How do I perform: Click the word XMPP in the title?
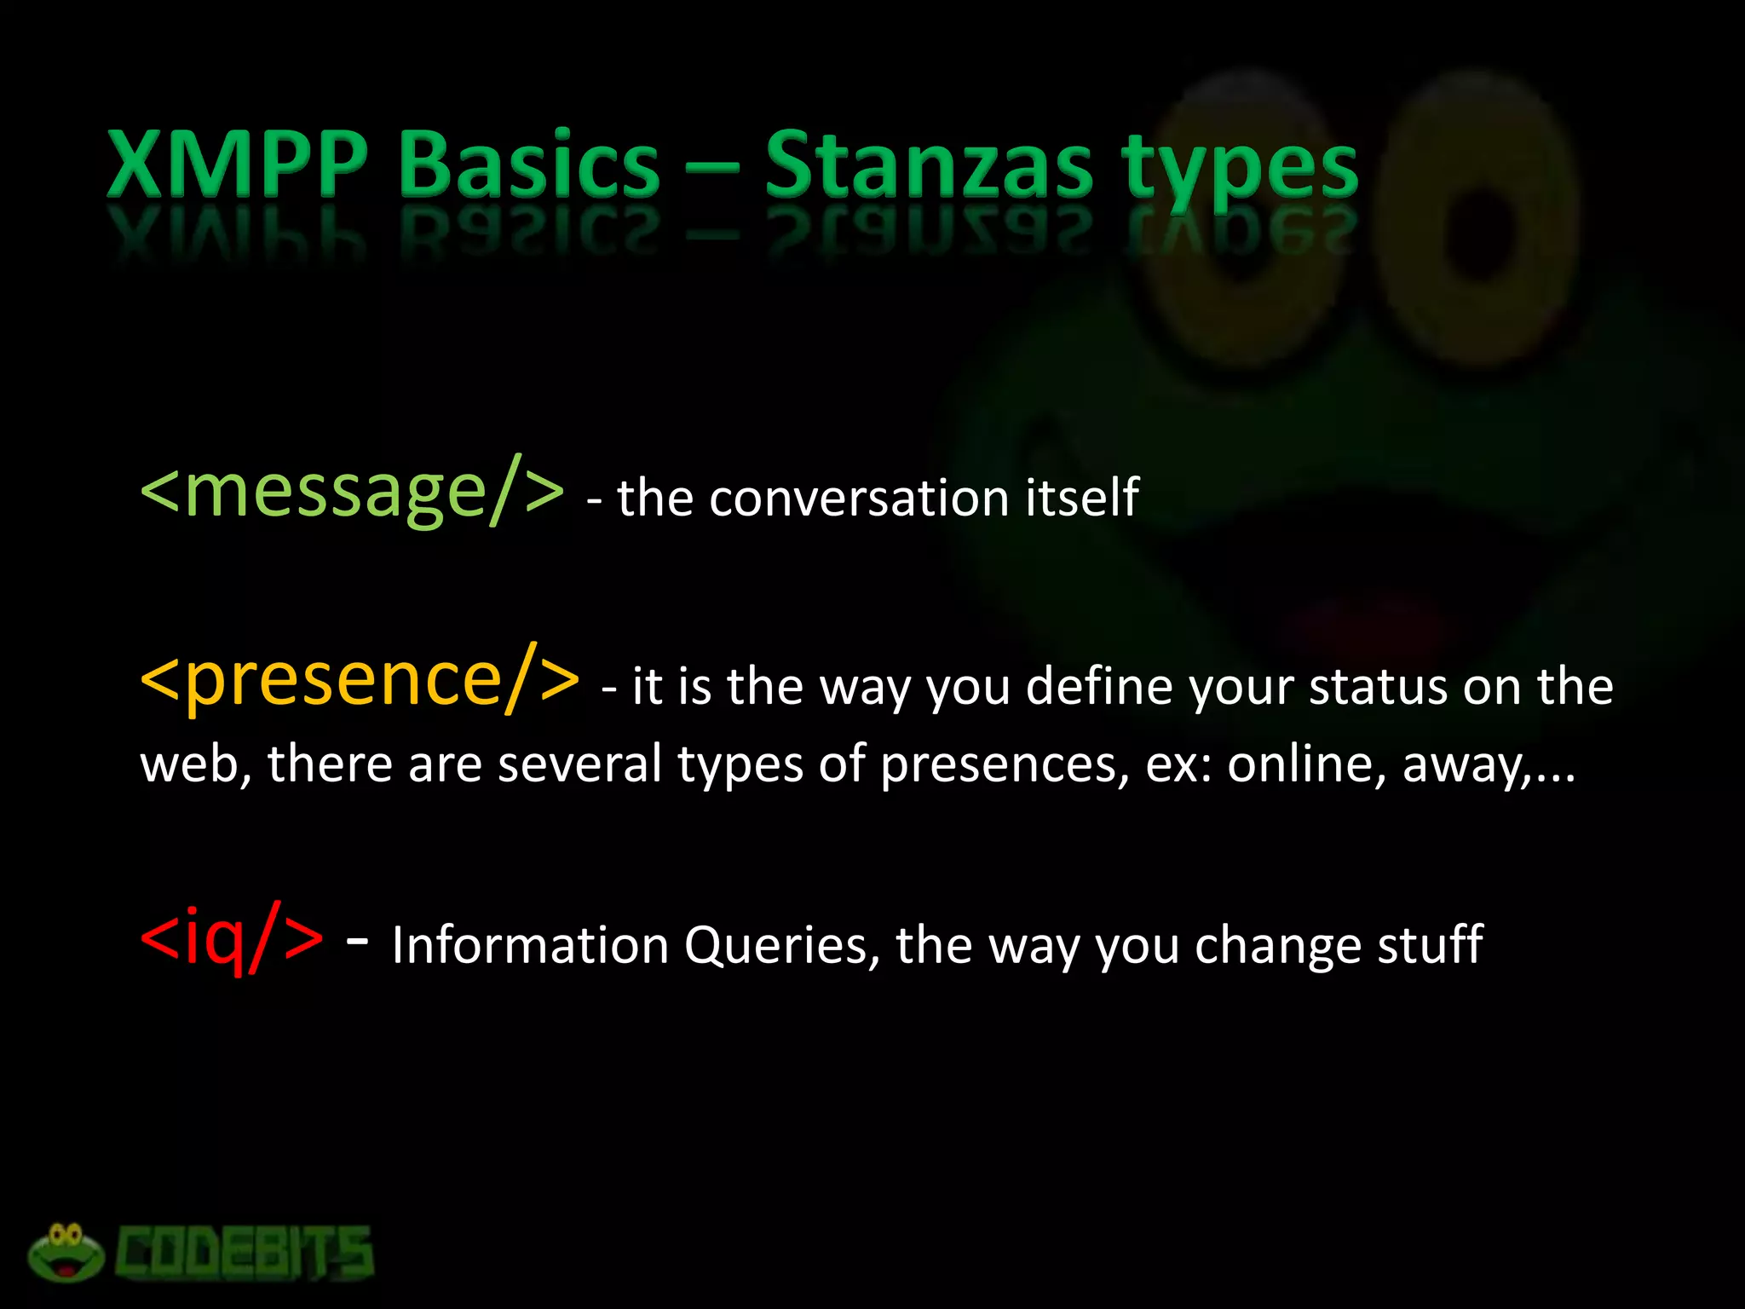238,164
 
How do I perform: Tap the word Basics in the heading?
529,164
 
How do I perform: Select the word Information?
530,945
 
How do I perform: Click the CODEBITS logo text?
245,1254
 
